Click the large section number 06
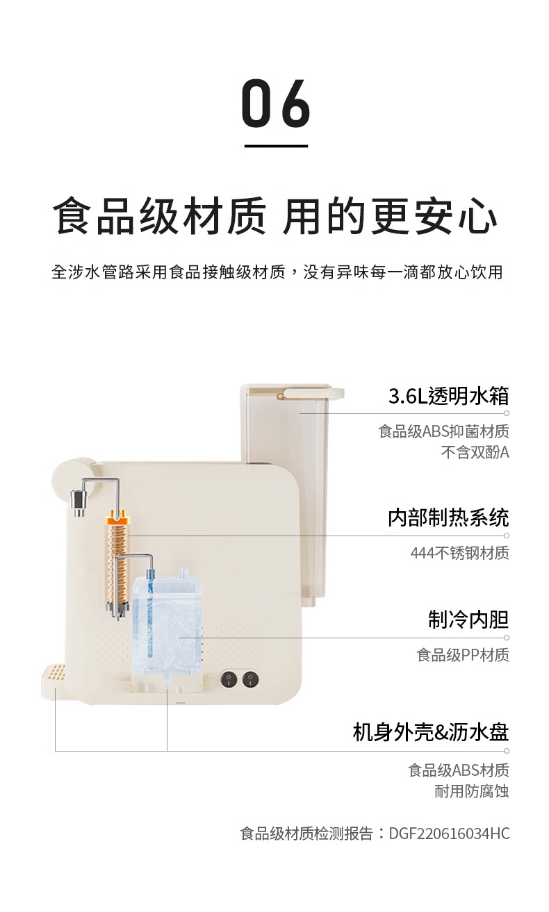(275, 103)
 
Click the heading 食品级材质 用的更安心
(275, 216)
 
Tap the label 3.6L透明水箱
(448, 396)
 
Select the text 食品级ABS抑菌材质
(443, 431)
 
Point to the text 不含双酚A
(475, 452)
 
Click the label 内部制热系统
(448, 518)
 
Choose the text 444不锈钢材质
(460, 553)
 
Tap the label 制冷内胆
(468, 620)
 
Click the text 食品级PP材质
(463, 655)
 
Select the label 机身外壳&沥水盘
(431, 732)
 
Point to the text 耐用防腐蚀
(472, 791)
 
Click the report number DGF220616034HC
(449, 834)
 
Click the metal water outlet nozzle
(79, 501)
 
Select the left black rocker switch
(229, 679)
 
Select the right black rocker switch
(250, 679)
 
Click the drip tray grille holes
(58, 674)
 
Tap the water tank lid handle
(313, 393)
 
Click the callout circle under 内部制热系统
(506, 536)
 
